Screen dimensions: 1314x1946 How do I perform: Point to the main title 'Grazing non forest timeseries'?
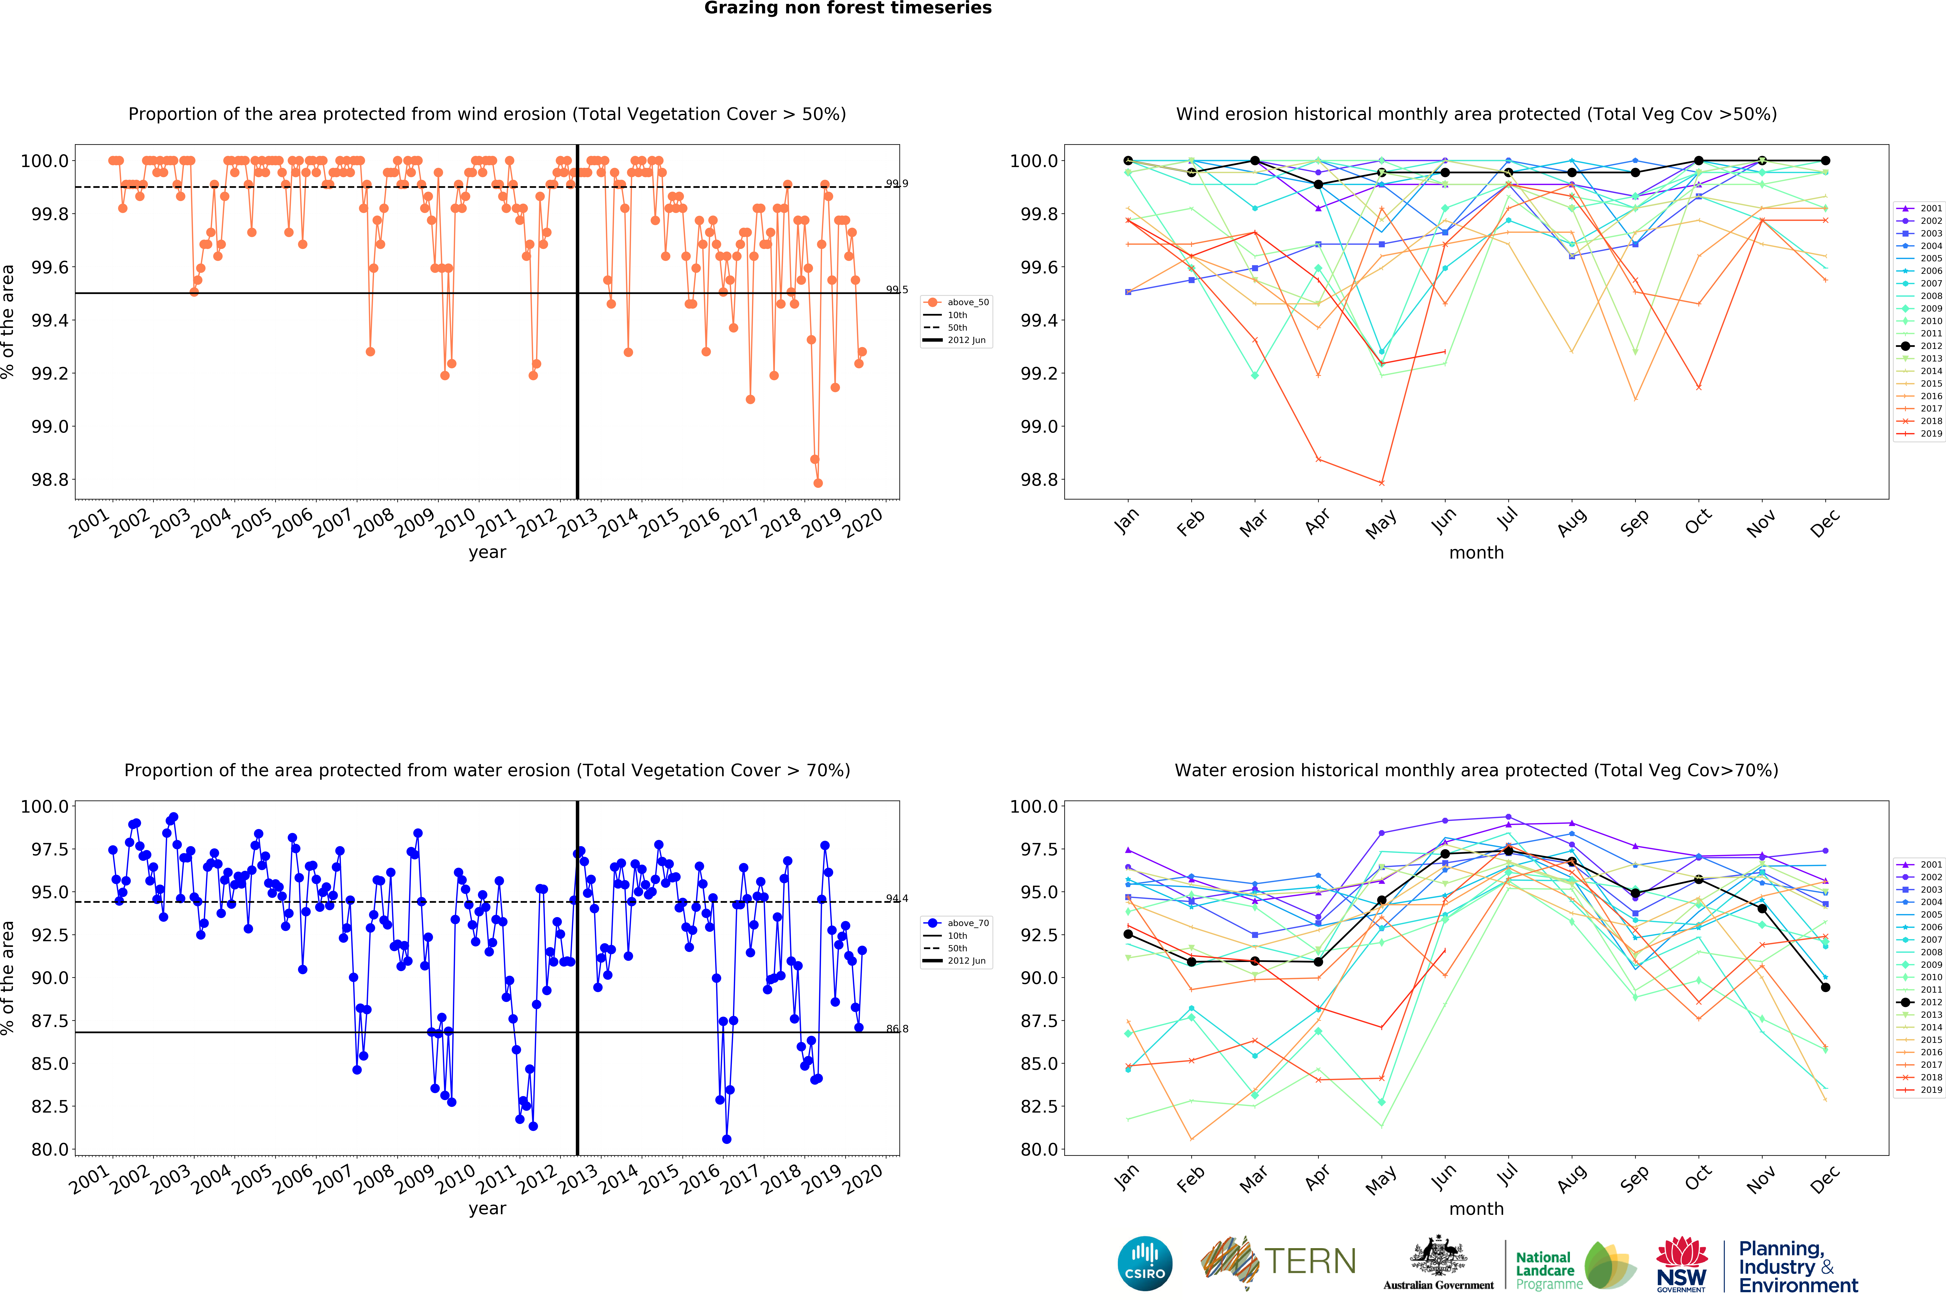click(x=847, y=8)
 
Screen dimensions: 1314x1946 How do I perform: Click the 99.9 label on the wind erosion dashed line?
click(x=896, y=183)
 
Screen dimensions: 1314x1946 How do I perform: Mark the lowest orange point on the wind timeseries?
click(x=818, y=483)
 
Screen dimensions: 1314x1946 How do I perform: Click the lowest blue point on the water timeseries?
click(x=726, y=1139)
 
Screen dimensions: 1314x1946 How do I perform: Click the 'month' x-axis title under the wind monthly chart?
click(x=1476, y=552)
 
